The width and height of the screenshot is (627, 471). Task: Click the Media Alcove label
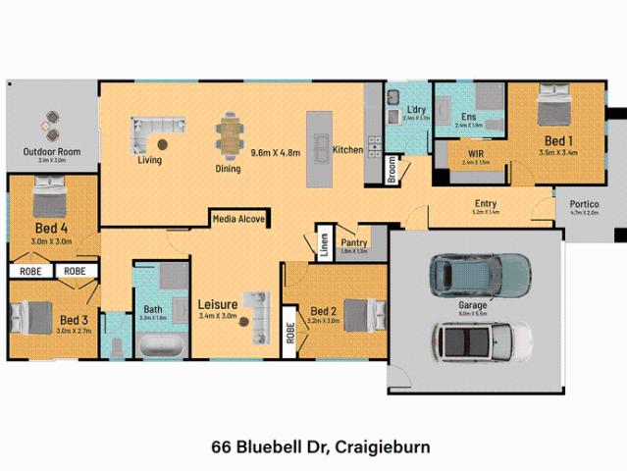click(x=238, y=220)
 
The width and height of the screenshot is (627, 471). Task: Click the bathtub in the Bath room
click(x=158, y=345)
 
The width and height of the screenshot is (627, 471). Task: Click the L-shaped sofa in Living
click(x=158, y=129)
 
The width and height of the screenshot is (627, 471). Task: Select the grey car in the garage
click(x=478, y=275)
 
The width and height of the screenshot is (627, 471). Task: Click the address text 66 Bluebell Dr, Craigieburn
click(x=313, y=446)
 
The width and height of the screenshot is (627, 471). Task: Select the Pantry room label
click(x=353, y=242)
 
